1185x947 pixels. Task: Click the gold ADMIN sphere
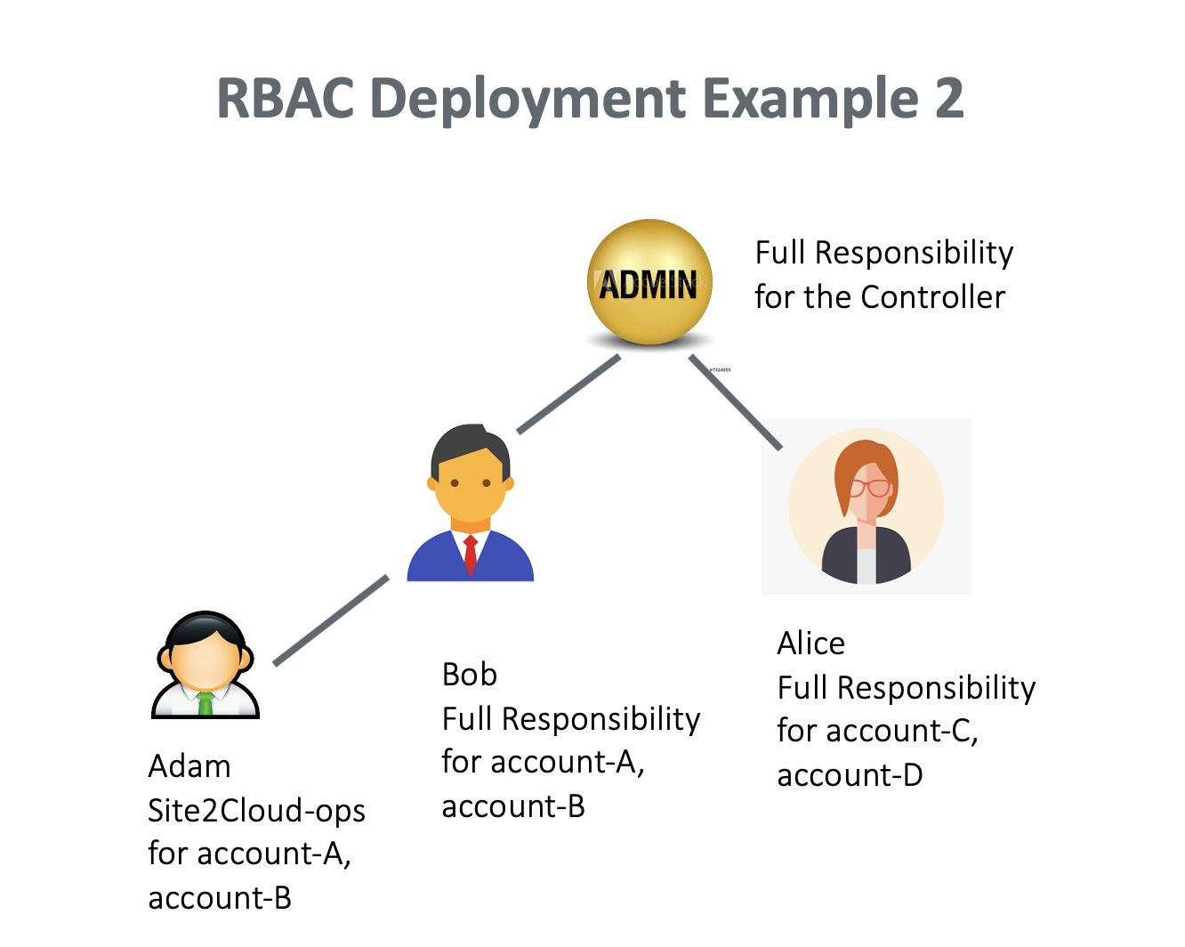pyautogui.click(x=649, y=281)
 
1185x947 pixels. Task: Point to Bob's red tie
pyautogui.click(x=471, y=553)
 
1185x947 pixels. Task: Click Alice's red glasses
pyautogui.click(x=870, y=488)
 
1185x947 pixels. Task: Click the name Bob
pyautogui.click(x=469, y=675)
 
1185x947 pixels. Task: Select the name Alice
pyautogui.click(x=810, y=643)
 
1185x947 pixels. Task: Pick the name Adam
pyautogui.click(x=189, y=766)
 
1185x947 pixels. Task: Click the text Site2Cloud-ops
pyautogui.click(x=256, y=811)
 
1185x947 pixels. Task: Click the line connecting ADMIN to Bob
pyautogui.click(x=568, y=394)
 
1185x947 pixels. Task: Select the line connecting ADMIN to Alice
pyautogui.click(x=735, y=401)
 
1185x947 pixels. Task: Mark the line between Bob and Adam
pyautogui.click(x=330, y=620)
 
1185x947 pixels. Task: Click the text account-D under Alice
pyautogui.click(x=850, y=775)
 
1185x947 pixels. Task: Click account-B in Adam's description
pyautogui.click(x=220, y=898)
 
